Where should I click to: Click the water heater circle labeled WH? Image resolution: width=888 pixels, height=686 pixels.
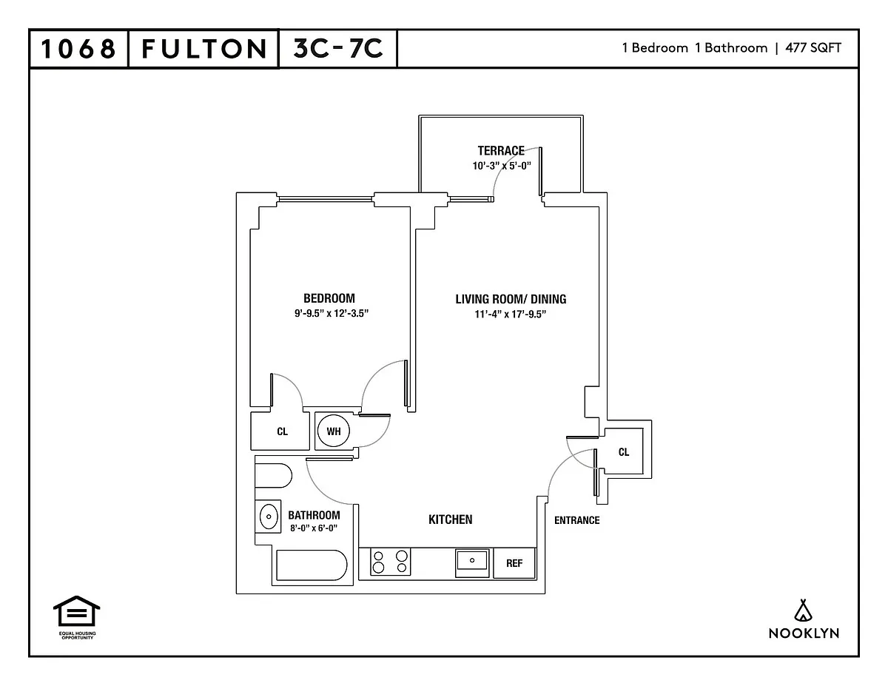[x=334, y=431]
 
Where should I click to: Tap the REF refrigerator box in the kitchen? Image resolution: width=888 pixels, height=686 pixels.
[x=514, y=563]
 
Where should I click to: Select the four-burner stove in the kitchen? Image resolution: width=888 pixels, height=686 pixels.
[x=390, y=562]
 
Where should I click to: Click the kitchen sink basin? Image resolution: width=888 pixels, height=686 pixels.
[x=472, y=560]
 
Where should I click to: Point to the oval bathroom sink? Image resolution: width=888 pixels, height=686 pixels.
[x=269, y=517]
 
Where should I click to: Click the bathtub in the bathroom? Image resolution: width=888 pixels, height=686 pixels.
[x=312, y=565]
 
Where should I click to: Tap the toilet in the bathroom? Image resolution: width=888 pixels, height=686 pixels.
[x=273, y=476]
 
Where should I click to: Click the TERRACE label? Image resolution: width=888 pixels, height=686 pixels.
[x=501, y=151]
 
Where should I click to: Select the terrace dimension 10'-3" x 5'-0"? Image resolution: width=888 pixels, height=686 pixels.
[x=502, y=166]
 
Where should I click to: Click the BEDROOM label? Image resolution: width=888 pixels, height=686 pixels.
[x=329, y=298]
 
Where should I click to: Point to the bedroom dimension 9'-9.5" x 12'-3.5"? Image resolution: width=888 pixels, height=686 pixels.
[x=332, y=313]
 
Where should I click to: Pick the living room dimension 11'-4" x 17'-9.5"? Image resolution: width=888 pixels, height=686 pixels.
[x=511, y=315]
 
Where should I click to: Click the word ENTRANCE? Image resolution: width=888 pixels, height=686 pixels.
[x=576, y=520]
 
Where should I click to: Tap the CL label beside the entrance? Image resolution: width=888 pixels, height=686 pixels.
[x=624, y=452]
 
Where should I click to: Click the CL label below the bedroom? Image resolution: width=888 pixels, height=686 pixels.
[x=283, y=431]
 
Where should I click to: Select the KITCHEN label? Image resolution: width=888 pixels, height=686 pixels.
[x=451, y=519]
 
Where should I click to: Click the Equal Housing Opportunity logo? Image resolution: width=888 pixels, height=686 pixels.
[x=77, y=618]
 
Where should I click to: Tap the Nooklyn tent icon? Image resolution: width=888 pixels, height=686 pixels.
[x=803, y=611]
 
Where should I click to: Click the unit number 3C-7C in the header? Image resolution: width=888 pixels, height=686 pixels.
[x=338, y=48]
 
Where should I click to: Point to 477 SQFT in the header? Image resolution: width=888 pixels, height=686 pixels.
[x=813, y=48]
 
